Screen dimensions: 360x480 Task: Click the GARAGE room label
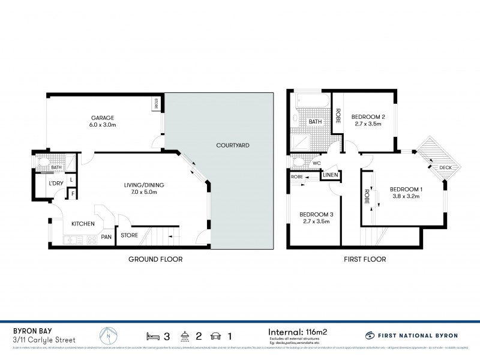click(103, 118)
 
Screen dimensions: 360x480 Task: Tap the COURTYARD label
click(233, 145)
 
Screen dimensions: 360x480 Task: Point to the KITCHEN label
click(83, 224)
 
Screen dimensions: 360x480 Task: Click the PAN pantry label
click(106, 237)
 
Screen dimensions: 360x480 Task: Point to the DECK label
click(445, 167)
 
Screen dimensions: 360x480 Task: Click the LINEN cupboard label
click(331, 175)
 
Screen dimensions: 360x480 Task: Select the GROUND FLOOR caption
click(155, 259)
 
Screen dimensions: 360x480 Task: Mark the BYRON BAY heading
click(31, 329)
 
